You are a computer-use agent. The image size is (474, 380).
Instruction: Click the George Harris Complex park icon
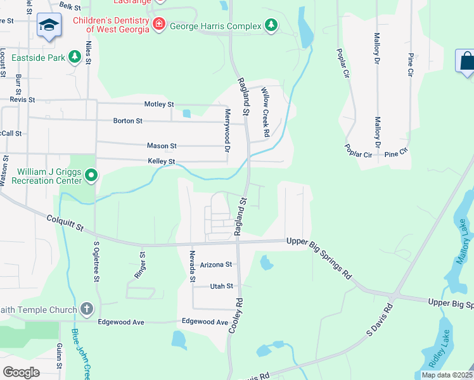click(x=271, y=25)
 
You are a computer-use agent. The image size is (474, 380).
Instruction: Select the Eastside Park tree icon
click(x=75, y=58)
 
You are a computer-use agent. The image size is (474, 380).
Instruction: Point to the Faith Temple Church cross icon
click(x=86, y=310)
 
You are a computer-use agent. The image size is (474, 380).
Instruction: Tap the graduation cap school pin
click(x=49, y=25)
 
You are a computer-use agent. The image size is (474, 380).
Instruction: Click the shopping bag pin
click(x=466, y=61)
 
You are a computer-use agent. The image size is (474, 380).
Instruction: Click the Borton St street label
click(x=128, y=120)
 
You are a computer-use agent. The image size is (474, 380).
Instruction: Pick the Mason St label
click(x=162, y=146)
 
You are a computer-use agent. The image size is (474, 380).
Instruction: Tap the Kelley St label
click(x=161, y=162)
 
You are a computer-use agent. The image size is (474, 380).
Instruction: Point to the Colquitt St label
click(x=65, y=226)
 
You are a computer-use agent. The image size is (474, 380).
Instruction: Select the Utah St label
click(x=222, y=286)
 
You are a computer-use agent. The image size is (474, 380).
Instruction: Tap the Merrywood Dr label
click(x=227, y=130)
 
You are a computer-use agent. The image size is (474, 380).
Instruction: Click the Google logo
click(x=22, y=372)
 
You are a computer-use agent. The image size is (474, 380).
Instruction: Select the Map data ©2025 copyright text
click(x=446, y=375)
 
